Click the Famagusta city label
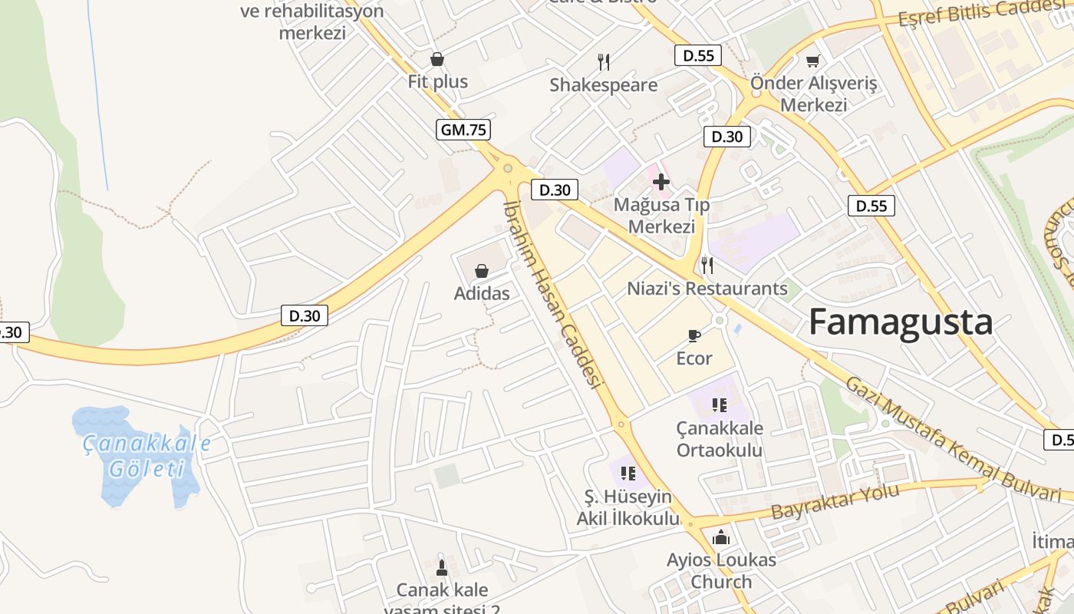pyautogui.click(x=901, y=322)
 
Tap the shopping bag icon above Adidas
pyautogui.click(x=482, y=271)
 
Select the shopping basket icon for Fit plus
pyautogui.click(x=437, y=59)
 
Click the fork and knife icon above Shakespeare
pyautogui.click(x=604, y=61)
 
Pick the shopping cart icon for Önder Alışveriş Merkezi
pyautogui.click(x=813, y=61)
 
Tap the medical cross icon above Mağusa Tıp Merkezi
pyautogui.click(x=661, y=182)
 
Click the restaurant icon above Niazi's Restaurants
pyautogui.click(x=707, y=266)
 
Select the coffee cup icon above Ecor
pyautogui.click(x=693, y=335)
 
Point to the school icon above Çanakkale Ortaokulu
pyautogui.click(x=719, y=404)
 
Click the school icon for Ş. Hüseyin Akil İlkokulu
pyautogui.click(x=628, y=473)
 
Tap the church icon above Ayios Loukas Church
pyautogui.click(x=721, y=538)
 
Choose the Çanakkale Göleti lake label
pyautogui.click(x=146, y=456)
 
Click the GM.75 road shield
pyautogui.click(x=464, y=130)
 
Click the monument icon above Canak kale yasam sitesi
pyautogui.click(x=442, y=568)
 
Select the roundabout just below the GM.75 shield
pyautogui.click(x=507, y=168)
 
